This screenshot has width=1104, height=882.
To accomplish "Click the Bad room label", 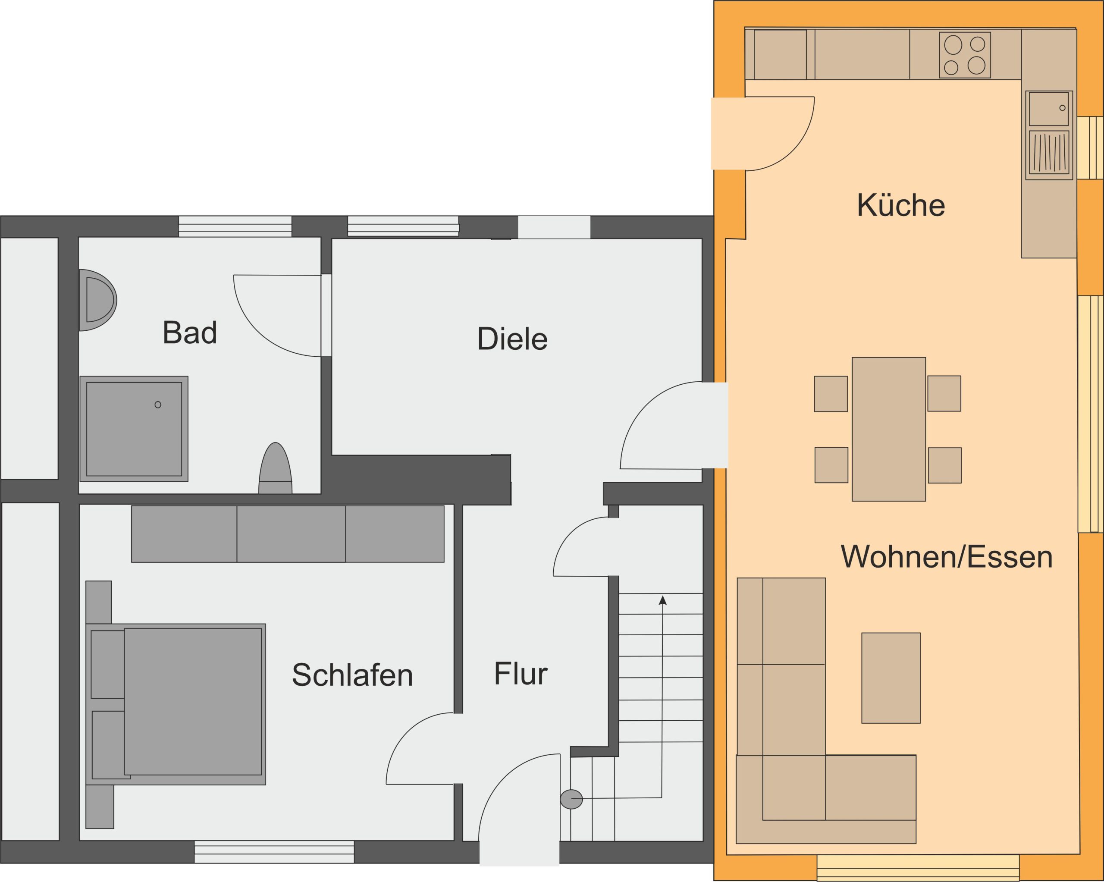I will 189,332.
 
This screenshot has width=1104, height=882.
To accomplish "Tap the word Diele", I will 512,339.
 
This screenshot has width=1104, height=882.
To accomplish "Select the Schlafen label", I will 352,675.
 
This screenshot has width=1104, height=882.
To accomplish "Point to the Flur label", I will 520,673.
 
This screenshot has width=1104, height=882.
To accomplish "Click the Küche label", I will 901,205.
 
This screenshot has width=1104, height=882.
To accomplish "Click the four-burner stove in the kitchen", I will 965,55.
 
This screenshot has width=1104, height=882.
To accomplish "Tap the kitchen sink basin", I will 1048,109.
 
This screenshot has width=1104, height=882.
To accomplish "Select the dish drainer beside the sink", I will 1049,153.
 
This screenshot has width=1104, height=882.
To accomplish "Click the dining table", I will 888,429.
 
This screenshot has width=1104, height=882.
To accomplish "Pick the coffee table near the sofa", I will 891,678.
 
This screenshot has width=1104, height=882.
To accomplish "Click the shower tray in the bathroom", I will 134,429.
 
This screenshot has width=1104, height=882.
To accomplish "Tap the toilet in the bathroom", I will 276,469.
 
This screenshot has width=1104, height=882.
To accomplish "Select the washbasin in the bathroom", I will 97,300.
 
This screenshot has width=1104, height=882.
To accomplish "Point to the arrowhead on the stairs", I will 662,600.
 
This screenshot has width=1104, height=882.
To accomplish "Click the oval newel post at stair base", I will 571,799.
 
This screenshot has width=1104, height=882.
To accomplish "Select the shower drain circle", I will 158,405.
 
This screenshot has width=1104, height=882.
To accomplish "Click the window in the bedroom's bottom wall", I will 274,852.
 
